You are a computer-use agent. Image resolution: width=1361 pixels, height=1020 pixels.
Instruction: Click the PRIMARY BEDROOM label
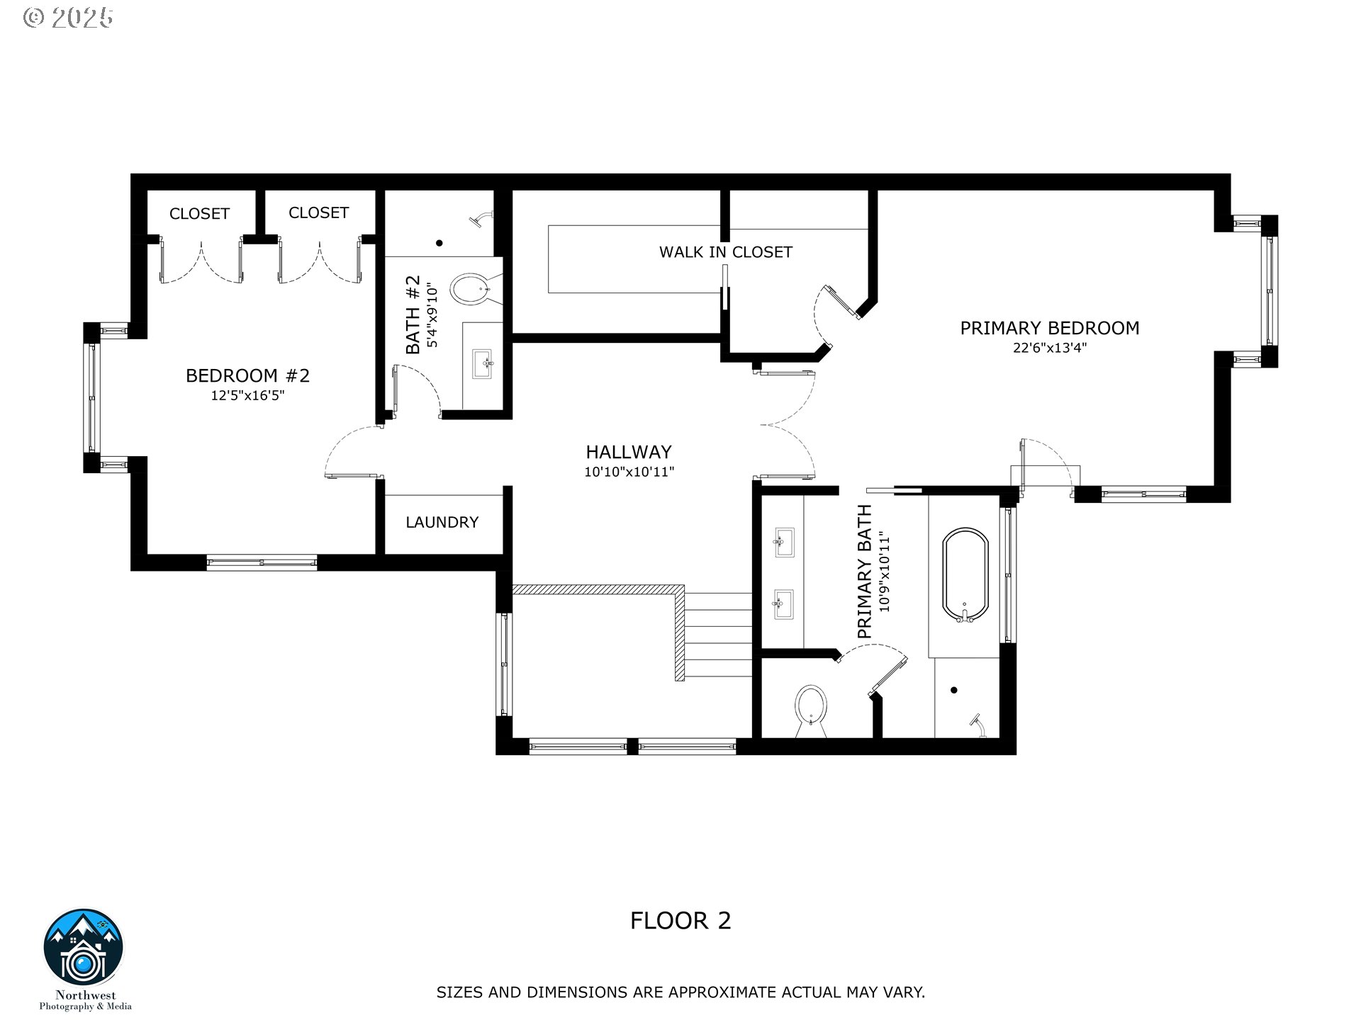tap(1050, 328)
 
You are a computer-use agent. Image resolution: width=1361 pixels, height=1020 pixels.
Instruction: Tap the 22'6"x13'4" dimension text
tap(1050, 348)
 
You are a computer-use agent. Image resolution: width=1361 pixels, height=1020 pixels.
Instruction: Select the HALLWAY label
tap(629, 452)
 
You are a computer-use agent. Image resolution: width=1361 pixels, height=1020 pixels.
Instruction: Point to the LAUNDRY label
tap(442, 522)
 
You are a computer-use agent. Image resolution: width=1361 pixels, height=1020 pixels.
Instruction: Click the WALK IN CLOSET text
tap(726, 252)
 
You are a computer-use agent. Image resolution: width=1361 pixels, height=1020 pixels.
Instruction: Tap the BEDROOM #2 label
tap(248, 375)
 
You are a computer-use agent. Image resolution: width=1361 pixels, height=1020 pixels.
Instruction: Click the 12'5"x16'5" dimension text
tap(247, 395)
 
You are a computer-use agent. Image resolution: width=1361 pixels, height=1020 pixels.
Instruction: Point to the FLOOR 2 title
tap(680, 921)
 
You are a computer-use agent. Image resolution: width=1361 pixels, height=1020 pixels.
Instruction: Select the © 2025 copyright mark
tap(68, 18)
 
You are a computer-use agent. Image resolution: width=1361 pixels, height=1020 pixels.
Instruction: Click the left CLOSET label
tap(199, 214)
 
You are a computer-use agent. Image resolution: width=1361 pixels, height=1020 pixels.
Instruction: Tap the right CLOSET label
tap(318, 212)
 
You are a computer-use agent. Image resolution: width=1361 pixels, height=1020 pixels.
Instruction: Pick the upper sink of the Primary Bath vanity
tap(784, 543)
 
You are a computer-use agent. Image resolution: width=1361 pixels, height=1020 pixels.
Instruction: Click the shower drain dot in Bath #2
tap(439, 243)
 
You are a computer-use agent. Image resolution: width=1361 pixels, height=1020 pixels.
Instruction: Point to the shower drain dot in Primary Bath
tap(954, 690)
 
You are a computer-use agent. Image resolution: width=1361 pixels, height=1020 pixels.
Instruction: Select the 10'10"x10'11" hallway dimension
tap(629, 472)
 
